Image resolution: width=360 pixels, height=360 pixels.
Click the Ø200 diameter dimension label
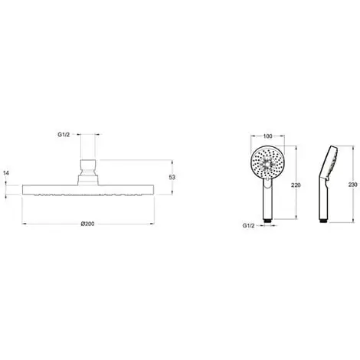tap(87, 224)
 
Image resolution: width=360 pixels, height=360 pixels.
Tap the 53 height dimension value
tap(172, 177)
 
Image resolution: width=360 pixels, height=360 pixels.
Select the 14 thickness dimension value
tap(6, 173)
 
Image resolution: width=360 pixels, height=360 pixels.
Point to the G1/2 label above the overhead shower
tap(64, 135)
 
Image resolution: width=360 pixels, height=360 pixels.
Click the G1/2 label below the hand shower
tap(248, 226)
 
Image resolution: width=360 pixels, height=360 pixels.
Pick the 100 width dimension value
tap(267, 136)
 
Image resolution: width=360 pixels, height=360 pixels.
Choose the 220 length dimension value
tap(296, 185)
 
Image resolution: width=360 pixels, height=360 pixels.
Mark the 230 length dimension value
tap(353, 185)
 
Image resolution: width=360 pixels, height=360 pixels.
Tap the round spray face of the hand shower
tap(267, 162)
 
